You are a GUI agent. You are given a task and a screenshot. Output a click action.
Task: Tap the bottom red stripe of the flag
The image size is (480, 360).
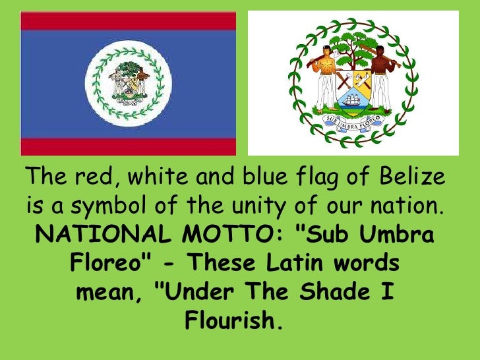[128, 146]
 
